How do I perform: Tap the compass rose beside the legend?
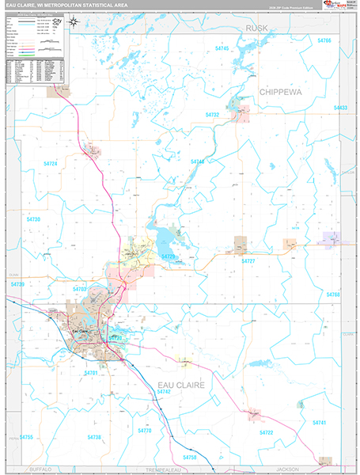(x=73, y=22)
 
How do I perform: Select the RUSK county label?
(x=257, y=28)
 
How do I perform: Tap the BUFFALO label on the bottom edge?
(x=39, y=469)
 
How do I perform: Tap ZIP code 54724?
(x=50, y=163)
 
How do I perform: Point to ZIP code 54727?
(x=248, y=260)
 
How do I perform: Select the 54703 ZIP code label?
(x=80, y=291)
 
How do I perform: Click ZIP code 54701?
(x=90, y=372)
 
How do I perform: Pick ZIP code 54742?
(x=164, y=392)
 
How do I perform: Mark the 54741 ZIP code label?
(x=319, y=424)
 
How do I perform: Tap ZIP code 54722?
(x=265, y=433)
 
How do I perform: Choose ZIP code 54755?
(x=27, y=437)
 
